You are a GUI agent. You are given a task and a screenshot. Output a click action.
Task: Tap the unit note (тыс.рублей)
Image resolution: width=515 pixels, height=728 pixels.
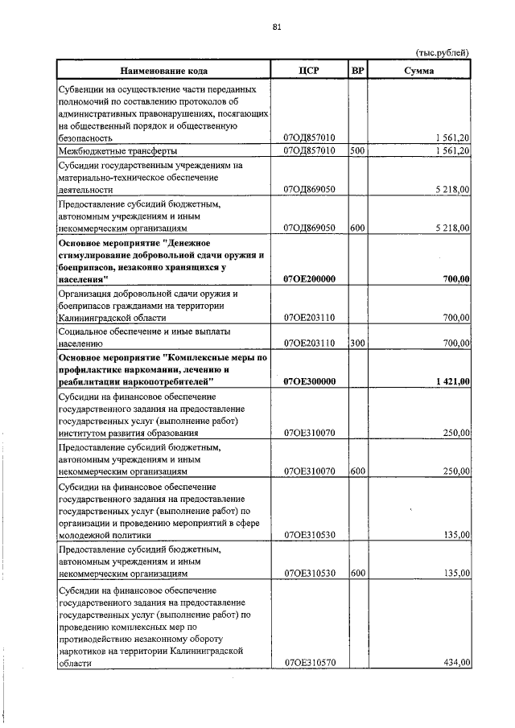coord(442,52)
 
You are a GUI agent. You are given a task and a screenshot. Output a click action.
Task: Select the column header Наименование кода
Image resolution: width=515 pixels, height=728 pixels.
coord(165,71)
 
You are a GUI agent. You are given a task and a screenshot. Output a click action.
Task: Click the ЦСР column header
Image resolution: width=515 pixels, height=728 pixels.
coord(310,71)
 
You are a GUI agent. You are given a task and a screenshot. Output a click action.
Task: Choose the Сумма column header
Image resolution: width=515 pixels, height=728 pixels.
coord(419,71)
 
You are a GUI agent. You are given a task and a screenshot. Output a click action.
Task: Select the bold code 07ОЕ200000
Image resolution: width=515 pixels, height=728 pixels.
coord(310,279)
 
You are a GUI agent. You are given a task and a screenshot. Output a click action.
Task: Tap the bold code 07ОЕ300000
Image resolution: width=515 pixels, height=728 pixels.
coord(310,381)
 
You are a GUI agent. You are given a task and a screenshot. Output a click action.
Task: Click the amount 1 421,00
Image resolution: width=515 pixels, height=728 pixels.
coord(452,381)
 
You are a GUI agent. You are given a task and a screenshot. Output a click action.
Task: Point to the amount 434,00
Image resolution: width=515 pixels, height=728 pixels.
coord(456,664)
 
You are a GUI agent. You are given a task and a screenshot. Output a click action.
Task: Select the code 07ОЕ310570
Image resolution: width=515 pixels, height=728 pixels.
coord(310,664)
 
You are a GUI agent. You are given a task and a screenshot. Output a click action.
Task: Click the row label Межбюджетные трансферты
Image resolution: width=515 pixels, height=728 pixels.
coord(117,150)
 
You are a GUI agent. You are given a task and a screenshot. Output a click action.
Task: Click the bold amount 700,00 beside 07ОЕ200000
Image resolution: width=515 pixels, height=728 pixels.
coord(456,279)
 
